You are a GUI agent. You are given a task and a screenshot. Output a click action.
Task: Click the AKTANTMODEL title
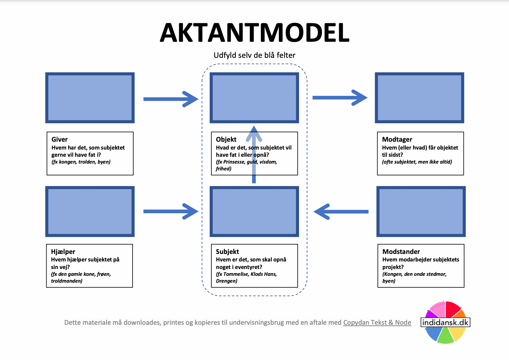point(255,33)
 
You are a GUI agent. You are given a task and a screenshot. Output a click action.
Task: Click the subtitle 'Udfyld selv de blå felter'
point(255,55)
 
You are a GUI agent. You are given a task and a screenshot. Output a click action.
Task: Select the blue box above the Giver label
point(90,98)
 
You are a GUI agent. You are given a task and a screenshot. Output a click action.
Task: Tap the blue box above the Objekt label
point(254,98)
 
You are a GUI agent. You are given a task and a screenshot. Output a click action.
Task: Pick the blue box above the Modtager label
point(420,98)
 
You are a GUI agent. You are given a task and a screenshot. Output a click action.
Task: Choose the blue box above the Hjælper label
point(90,211)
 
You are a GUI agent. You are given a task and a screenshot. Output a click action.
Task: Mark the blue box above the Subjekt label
point(254,211)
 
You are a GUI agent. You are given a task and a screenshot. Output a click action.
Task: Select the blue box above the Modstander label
point(421,211)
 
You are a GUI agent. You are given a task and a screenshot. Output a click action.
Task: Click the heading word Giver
point(60,139)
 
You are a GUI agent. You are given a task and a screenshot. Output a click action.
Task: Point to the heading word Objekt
point(226,139)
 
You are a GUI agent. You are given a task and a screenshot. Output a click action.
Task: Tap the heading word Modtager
point(397,139)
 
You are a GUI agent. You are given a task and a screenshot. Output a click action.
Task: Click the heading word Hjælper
point(63,252)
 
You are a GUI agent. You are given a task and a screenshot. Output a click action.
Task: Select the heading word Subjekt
point(227,252)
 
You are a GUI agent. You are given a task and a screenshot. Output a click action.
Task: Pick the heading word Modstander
point(401,252)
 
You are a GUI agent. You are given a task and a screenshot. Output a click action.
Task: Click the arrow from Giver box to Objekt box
point(171,99)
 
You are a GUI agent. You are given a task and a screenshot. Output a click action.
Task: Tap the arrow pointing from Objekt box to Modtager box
point(339,98)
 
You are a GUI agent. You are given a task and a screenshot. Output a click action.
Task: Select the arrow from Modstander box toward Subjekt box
point(341,211)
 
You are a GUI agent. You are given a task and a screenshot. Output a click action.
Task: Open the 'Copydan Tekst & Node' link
point(377,322)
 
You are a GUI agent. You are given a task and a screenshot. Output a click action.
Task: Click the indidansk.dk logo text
point(445,322)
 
